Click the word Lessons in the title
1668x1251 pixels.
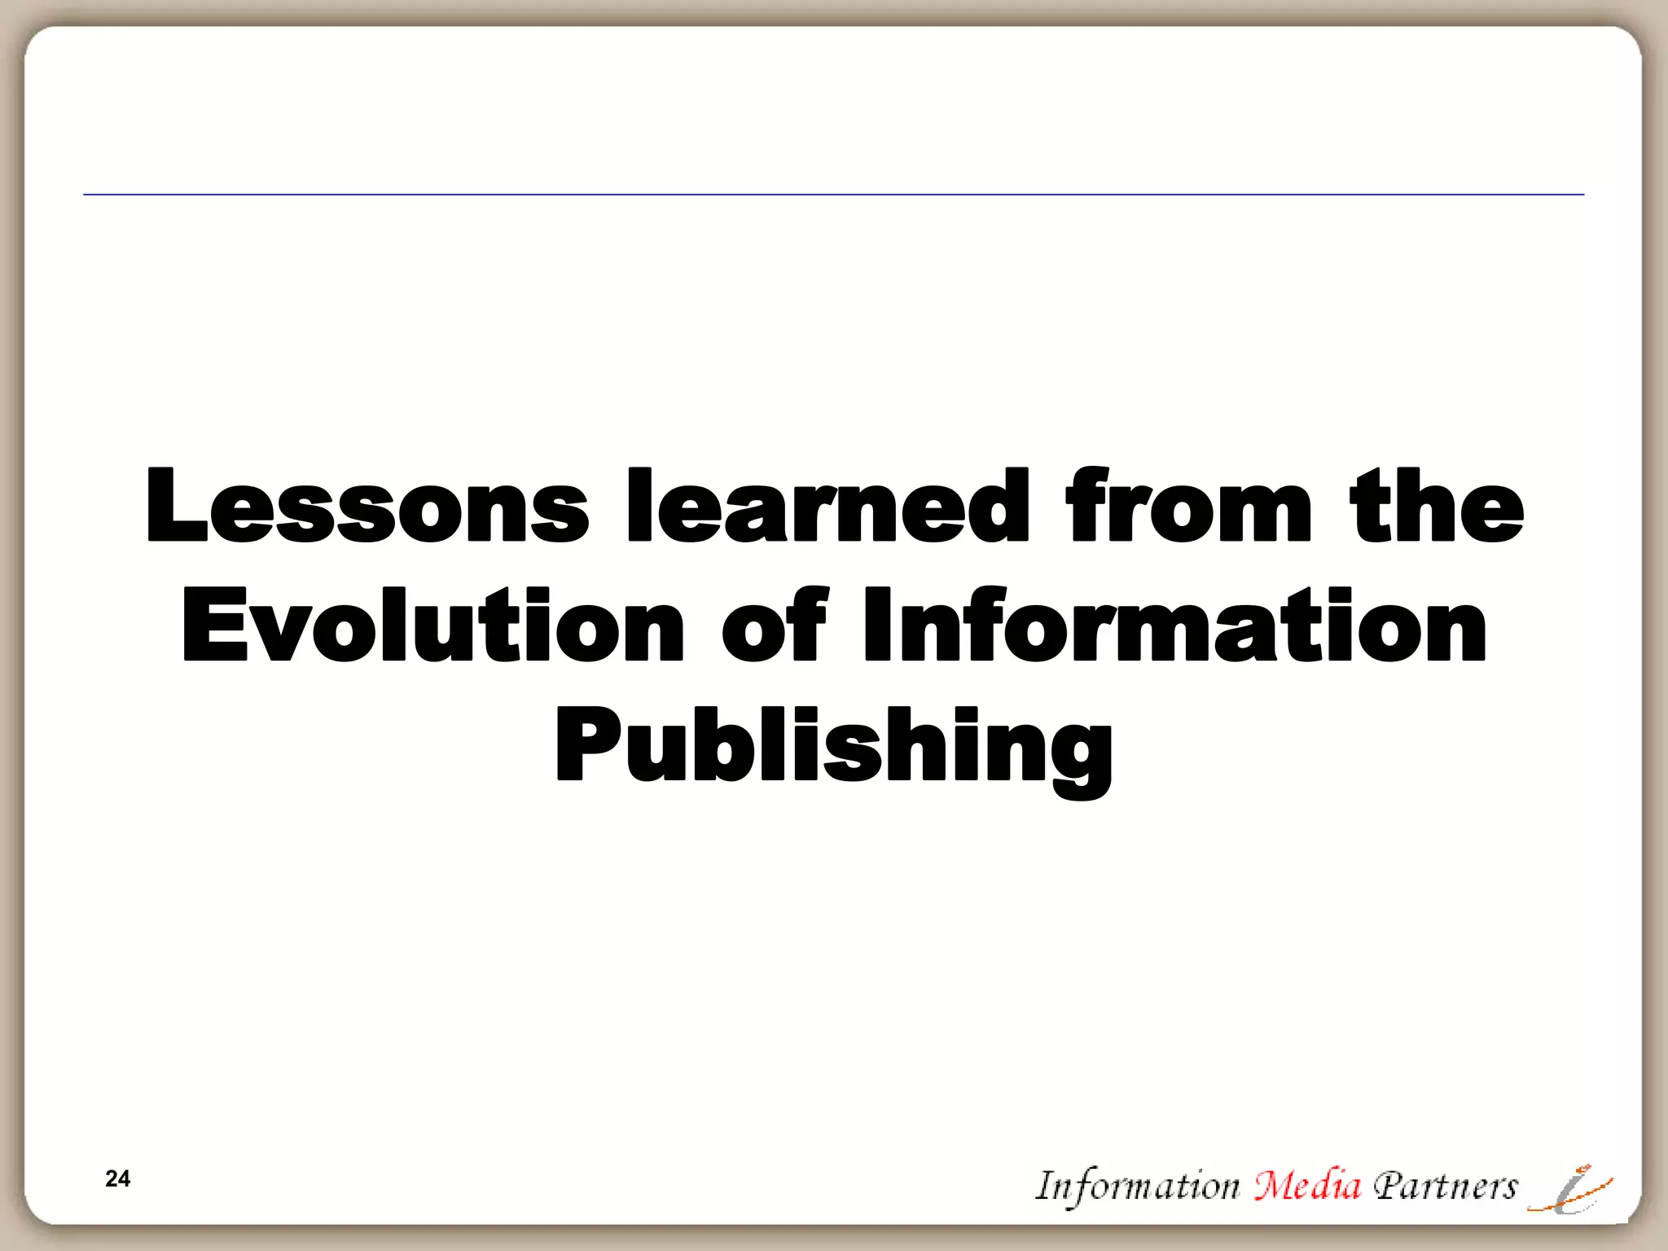pyautogui.click(x=367, y=507)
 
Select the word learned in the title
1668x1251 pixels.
pyautogui.click(x=827, y=507)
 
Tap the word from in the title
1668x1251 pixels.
pyautogui.click(x=1189, y=507)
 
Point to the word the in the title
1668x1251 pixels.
pyautogui.click(x=1437, y=507)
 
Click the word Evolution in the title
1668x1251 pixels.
pyautogui.click(x=432, y=625)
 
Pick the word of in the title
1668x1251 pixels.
pyautogui.click(x=774, y=625)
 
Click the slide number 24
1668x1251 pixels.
pyautogui.click(x=117, y=1179)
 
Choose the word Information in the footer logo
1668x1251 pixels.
pyautogui.click(x=1137, y=1186)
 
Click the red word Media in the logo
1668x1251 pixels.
pyautogui.click(x=1307, y=1186)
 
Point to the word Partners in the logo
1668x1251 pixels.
pyautogui.click(x=1445, y=1186)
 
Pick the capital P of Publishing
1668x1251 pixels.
pyautogui.click(x=583, y=744)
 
